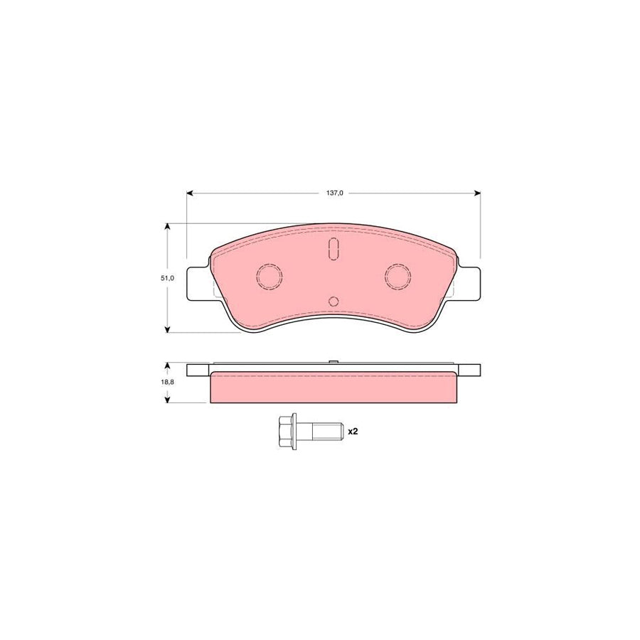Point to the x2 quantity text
(352, 431)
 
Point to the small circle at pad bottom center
(334, 302)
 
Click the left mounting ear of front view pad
(198, 282)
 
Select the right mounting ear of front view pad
(469, 282)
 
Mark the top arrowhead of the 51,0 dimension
(168, 227)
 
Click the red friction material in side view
(333, 388)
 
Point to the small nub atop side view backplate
(333, 363)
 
